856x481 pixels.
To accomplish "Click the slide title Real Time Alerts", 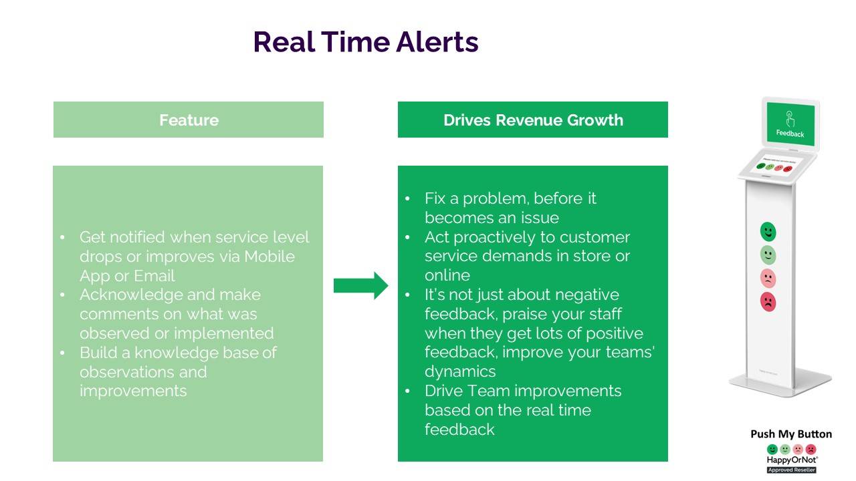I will point(365,42).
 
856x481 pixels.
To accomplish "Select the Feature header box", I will point(189,120).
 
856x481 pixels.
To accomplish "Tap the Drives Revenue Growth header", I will point(533,120).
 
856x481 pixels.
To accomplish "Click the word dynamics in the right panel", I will point(460,371).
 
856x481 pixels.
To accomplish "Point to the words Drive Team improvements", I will point(523,391).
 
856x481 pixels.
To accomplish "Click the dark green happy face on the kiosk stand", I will point(768,232).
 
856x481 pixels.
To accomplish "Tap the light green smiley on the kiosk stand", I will point(768,255).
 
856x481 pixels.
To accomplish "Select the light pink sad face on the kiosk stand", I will point(768,278).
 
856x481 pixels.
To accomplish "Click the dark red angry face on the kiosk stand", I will point(768,301).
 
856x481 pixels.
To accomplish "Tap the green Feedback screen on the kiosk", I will point(790,124).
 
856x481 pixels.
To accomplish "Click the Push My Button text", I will point(791,434).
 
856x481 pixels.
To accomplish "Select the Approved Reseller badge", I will point(791,470).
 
